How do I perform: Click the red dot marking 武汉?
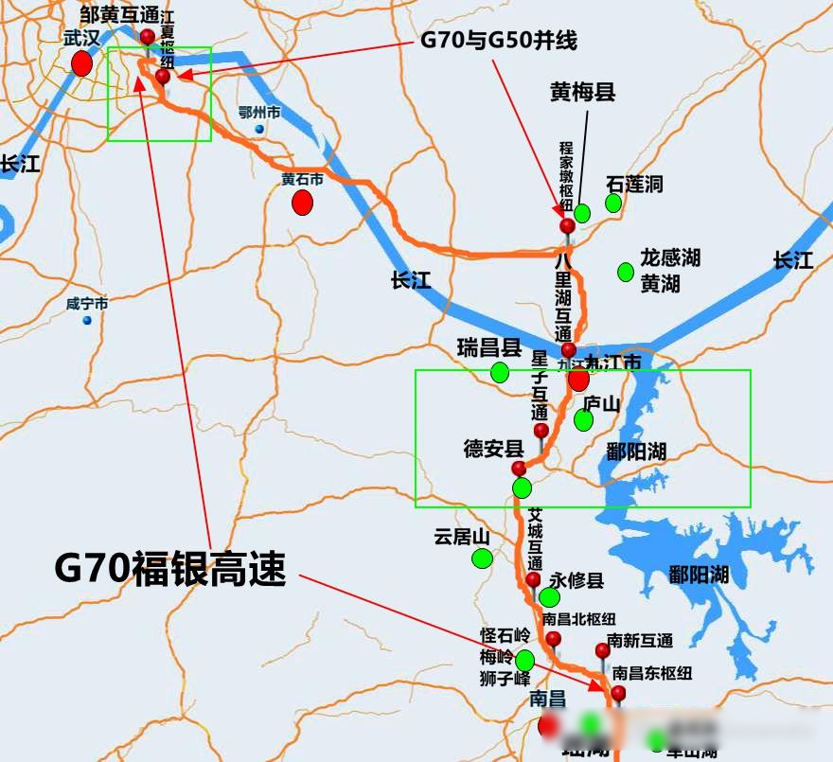tap(82, 63)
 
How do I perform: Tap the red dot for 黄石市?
tap(302, 203)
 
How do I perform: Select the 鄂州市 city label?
tap(259, 113)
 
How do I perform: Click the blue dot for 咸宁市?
tap(87, 320)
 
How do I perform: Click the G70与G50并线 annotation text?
tap(498, 41)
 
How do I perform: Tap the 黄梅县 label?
tap(583, 92)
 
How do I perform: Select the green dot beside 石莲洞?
tap(613, 203)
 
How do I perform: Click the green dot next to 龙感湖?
tap(625, 272)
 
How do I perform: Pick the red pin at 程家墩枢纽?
tap(567, 225)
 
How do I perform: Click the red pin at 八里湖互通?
tap(568, 350)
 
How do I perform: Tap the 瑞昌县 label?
tap(488, 347)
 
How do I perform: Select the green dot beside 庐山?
tap(584, 419)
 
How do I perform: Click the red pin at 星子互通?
tap(541, 431)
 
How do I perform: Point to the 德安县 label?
tap(493, 448)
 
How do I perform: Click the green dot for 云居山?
tap(483, 558)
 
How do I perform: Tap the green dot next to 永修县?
tap(549, 597)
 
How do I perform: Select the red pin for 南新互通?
tap(602, 650)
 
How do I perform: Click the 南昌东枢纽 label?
tap(652, 674)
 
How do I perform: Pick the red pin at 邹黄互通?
tap(148, 36)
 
